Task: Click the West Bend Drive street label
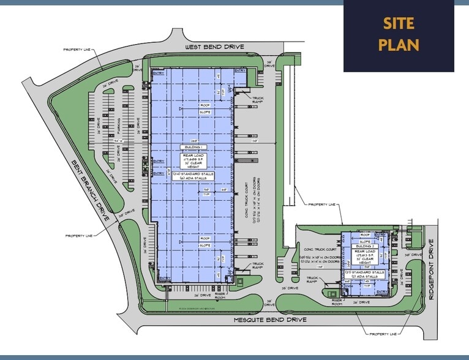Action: click(215, 47)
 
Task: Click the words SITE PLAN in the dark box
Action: click(399, 34)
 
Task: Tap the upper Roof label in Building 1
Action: click(204, 105)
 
